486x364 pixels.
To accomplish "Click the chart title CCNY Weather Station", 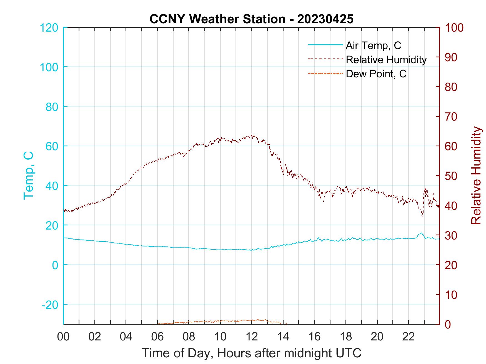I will pyautogui.click(x=251, y=19).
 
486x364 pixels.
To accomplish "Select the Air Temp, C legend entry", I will pyautogui.click(x=373, y=45).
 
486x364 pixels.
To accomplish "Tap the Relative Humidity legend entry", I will pyautogui.click(x=386, y=60).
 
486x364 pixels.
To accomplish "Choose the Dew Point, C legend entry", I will pyautogui.click(x=376, y=74).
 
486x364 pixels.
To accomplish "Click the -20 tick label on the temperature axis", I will pyautogui.click(x=50, y=305).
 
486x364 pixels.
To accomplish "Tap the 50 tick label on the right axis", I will pyautogui.click(x=451, y=176).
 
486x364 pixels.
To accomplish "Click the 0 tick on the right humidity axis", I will pyautogui.click(x=449, y=324).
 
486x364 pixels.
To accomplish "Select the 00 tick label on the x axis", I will pyautogui.click(x=63, y=337).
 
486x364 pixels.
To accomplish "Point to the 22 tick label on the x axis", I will pyautogui.click(x=409, y=337).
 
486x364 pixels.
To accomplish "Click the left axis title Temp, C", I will pyautogui.click(x=28, y=175).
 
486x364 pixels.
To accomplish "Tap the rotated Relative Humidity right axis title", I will pyautogui.click(x=476, y=175).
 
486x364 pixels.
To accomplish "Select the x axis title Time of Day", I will pyautogui.click(x=252, y=353).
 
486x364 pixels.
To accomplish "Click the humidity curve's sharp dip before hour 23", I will pyautogui.click(x=422, y=216).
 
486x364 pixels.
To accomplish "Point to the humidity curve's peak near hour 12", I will pyautogui.click(x=253, y=136).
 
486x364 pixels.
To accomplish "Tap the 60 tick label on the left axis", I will pyautogui.click(x=52, y=146).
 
